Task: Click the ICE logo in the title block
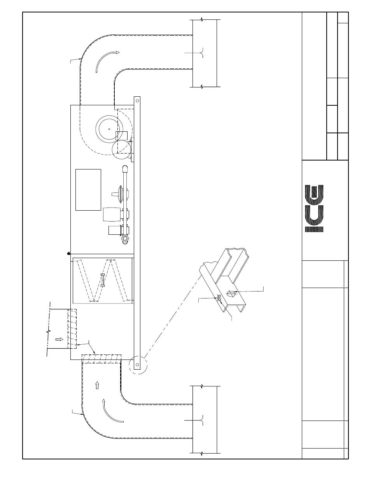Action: (x=314, y=208)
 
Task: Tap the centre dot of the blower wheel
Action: (x=109, y=129)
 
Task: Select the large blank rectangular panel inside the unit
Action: (x=88, y=190)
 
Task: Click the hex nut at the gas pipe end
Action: (x=125, y=239)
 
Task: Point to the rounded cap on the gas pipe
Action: (x=125, y=169)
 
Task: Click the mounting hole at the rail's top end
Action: (x=137, y=100)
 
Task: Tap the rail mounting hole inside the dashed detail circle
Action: (x=137, y=365)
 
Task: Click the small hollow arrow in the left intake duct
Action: (x=59, y=339)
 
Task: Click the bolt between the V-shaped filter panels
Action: (x=103, y=280)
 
